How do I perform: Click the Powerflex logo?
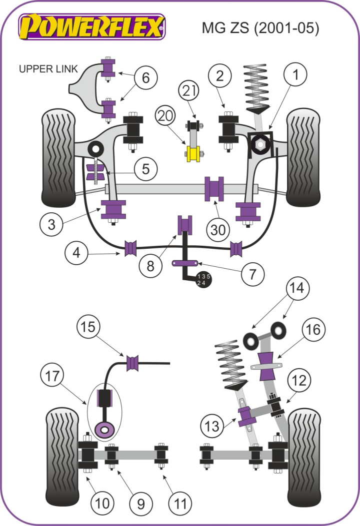click(92, 26)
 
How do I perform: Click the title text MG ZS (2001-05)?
click(260, 27)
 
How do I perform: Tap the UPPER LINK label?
click(48, 69)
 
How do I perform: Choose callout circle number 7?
click(253, 274)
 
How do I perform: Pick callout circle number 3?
click(52, 224)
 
